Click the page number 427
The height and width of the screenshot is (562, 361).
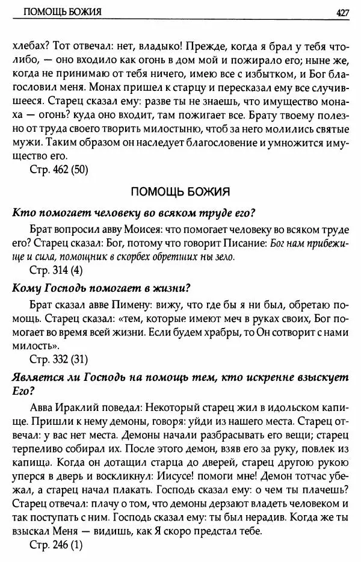coord(344,13)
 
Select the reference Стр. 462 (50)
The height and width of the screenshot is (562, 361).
coord(59,170)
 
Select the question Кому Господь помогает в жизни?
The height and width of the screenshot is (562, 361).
coord(102,287)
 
